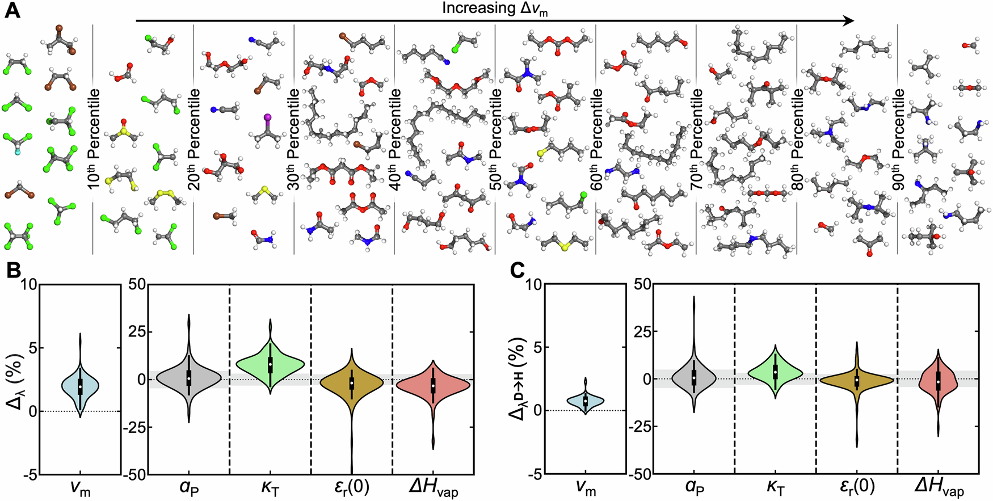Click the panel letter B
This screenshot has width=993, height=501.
pyautogui.click(x=12, y=271)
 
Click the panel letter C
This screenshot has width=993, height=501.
pyautogui.click(x=517, y=271)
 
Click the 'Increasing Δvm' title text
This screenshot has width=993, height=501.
pyautogui.click(x=495, y=9)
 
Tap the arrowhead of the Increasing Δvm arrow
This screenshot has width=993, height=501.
pyautogui.click(x=848, y=21)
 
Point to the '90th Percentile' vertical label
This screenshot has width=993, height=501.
pyautogui.click(x=899, y=138)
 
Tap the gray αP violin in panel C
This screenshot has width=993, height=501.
pyautogui.click(x=693, y=376)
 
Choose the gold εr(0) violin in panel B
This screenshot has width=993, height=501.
pyautogui.click(x=352, y=383)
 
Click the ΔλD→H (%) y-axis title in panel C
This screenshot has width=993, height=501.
pyautogui.click(x=517, y=378)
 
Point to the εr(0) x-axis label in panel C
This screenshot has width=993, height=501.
pyautogui.click(x=857, y=486)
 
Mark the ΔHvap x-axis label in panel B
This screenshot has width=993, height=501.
pyautogui.click(x=434, y=487)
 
